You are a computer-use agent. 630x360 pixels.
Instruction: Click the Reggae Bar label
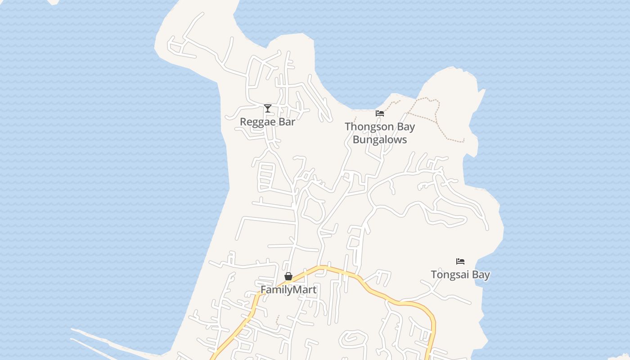[267, 121]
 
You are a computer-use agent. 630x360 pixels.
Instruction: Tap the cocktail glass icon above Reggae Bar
[268, 108]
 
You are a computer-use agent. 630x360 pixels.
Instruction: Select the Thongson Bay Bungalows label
[380, 133]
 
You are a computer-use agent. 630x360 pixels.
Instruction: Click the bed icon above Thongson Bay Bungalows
[380, 113]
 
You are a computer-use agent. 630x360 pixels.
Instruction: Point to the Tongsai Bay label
[460, 274]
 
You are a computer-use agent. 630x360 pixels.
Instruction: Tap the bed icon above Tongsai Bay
[460, 261]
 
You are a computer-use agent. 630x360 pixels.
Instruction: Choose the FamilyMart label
[288, 290]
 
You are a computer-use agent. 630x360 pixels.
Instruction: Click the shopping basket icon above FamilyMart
[288, 276]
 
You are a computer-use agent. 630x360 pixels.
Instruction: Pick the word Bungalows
[380, 139]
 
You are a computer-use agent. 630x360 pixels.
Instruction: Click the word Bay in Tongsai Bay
[482, 274]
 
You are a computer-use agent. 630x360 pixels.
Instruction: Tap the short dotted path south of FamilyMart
[277, 319]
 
